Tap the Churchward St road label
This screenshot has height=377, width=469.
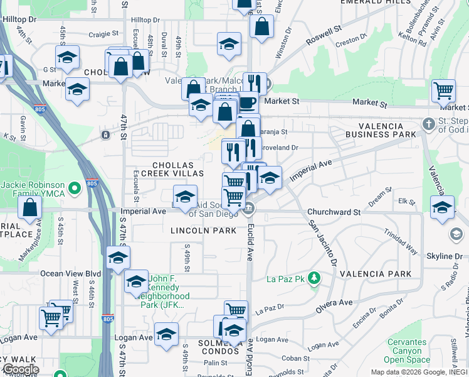tap(334, 212)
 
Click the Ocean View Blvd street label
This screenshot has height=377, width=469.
tap(70, 273)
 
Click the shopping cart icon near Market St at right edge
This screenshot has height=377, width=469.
tap(443, 90)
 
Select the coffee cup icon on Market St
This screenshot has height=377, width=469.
tap(247, 102)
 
